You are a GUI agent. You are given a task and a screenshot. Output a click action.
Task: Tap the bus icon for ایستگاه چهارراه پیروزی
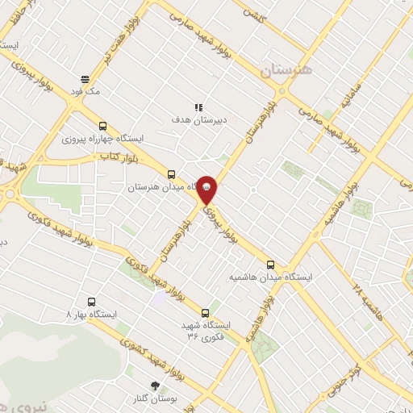pos(102,126)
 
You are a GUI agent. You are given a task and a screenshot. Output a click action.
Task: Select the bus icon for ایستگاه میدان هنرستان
pos(170,174)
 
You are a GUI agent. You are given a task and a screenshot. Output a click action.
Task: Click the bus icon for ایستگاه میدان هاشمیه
pos(270,264)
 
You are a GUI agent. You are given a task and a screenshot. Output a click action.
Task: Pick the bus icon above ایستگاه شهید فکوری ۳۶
pos(204,313)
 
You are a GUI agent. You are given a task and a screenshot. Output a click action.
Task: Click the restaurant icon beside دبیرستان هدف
pos(198,107)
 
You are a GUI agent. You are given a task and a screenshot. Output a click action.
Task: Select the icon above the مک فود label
pos(86,79)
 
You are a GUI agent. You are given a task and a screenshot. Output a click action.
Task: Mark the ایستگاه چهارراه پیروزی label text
pos(102,139)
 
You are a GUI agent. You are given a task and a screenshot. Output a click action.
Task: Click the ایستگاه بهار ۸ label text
pos(92,312)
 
